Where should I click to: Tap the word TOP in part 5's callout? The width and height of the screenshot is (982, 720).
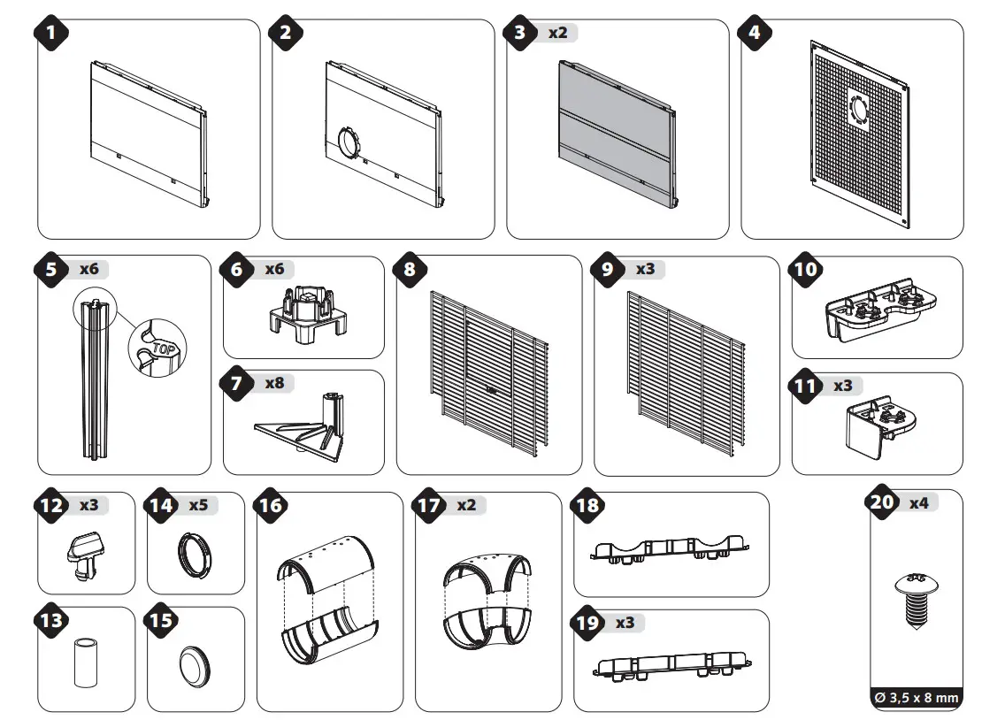coord(162,346)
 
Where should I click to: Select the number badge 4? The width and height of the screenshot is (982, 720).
coord(755,33)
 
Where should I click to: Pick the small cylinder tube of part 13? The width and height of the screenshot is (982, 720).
coord(85,663)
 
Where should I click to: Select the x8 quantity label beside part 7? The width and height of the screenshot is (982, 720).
coord(276,384)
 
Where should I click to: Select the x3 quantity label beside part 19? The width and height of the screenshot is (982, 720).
coord(625,622)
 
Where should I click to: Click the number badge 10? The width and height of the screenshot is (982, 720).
coord(806,270)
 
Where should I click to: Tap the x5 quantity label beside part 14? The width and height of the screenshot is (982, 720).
coord(198,506)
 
